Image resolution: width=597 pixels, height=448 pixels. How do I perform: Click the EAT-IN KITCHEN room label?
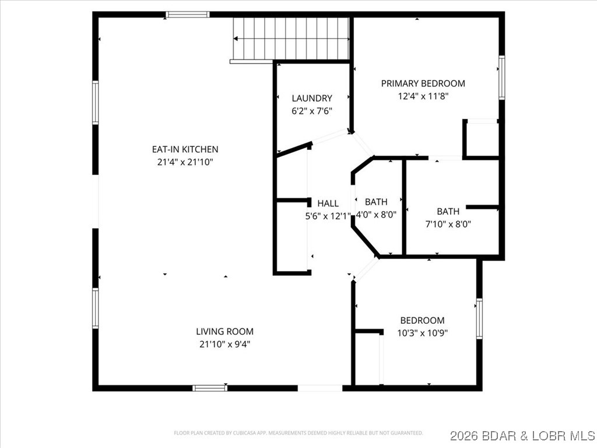(185, 149)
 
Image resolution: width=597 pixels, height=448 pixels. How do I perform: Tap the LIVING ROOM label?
(224, 331)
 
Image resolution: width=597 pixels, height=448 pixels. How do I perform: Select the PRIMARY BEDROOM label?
(423, 83)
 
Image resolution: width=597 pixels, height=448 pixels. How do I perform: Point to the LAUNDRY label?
(312, 98)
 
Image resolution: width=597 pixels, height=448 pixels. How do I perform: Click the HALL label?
(328, 204)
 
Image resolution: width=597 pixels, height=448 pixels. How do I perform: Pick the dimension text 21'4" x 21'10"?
(185, 162)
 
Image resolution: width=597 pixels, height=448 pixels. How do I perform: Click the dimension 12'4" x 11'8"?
(423, 96)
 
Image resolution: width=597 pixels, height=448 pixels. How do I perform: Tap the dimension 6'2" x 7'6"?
(312, 111)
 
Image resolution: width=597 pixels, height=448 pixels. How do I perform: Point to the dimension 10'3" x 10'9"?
(422, 333)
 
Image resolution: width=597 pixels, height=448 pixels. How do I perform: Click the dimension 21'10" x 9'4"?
(224, 344)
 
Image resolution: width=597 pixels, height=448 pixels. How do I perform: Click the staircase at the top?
(291, 38)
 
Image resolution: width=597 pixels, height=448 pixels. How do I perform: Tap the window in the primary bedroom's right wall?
(501, 77)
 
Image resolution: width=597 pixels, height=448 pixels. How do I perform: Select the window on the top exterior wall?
(187, 15)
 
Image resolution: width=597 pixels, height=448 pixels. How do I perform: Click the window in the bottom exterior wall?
(210, 387)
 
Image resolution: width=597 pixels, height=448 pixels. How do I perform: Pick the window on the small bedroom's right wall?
(479, 318)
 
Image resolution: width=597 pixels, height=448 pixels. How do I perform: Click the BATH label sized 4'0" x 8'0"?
(376, 202)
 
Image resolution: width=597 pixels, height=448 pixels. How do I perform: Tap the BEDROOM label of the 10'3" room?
(422, 320)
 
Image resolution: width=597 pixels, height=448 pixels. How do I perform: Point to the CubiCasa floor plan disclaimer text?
(298, 433)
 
